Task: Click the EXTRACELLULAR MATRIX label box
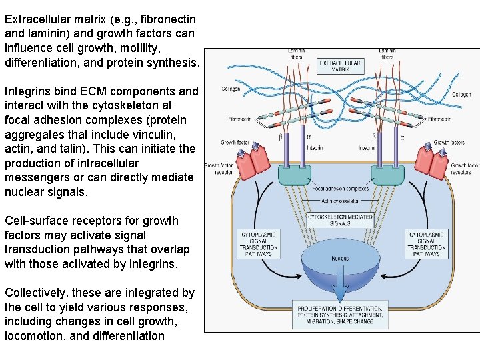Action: (x=340, y=66)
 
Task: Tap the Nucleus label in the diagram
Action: (x=339, y=258)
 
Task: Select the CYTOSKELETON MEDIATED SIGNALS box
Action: (x=340, y=220)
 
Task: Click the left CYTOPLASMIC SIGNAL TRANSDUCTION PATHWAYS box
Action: (x=259, y=245)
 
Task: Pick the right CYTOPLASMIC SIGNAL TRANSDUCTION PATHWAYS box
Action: (x=427, y=245)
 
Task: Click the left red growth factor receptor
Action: (x=251, y=164)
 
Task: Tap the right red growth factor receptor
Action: (x=430, y=164)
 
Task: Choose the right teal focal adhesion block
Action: (x=387, y=175)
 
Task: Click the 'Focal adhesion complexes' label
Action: (x=340, y=189)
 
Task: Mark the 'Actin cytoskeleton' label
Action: (x=340, y=201)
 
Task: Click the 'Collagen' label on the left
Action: (x=231, y=90)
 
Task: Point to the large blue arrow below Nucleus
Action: (x=340, y=287)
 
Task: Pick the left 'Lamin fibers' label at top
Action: (x=296, y=54)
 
